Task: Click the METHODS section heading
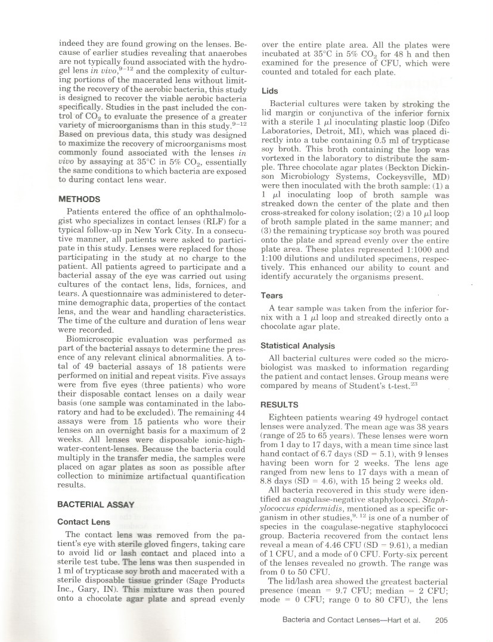point(80,200)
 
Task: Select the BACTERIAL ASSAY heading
point(96,504)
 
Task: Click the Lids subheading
point(269,91)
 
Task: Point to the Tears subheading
point(272,295)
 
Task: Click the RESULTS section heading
point(279,404)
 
